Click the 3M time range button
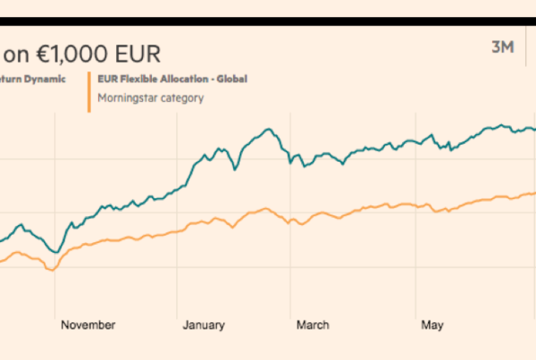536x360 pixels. click(503, 47)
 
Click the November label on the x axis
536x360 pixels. click(88, 324)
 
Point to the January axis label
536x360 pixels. click(205, 324)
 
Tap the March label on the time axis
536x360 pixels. click(313, 324)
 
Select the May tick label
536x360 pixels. click(432, 324)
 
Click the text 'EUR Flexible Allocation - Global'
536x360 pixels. click(171, 79)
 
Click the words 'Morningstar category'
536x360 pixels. click(150, 97)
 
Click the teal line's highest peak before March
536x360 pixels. click(268, 130)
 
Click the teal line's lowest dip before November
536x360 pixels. click(55, 252)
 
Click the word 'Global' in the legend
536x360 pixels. click(230, 79)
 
